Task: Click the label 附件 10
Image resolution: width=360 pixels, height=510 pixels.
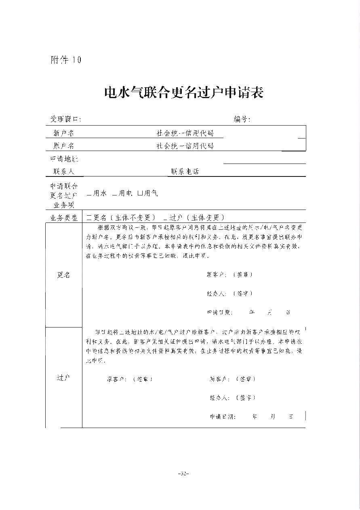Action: tap(65, 60)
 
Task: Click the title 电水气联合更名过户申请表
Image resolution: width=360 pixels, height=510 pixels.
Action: tap(184, 92)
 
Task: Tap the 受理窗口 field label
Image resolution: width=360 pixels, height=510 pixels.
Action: tap(65, 119)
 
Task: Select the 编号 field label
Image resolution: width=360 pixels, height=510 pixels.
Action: tap(242, 119)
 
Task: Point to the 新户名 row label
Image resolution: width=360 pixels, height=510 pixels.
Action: tap(63, 133)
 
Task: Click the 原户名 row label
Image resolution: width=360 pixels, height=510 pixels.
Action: tap(63, 146)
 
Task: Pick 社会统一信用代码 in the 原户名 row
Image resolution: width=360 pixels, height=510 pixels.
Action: tap(185, 146)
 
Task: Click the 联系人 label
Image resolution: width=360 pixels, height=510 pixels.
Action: tap(64, 172)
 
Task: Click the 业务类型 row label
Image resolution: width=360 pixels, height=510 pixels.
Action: tap(64, 218)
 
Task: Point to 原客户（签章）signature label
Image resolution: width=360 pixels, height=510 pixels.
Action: tap(130, 379)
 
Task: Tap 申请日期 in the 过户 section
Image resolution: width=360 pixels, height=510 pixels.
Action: tap(222, 417)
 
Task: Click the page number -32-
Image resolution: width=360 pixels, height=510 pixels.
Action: tap(184, 473)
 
